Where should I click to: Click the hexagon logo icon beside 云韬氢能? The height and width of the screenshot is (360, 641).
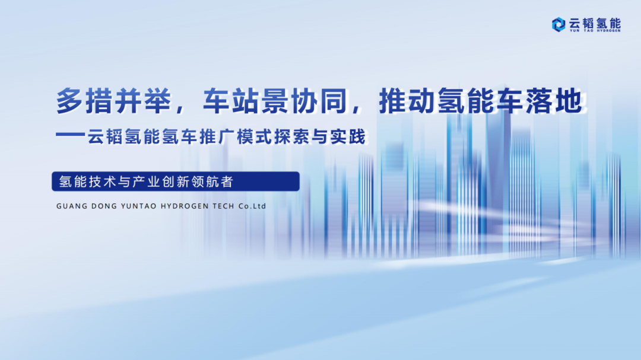(x=558, y=24)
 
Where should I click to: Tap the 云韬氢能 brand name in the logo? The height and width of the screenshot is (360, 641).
(x=594, y=23)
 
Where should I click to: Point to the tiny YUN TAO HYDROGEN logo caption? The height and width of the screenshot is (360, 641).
(x=594, y=31)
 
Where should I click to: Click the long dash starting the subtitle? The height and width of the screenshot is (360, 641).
(x=71, y=137)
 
